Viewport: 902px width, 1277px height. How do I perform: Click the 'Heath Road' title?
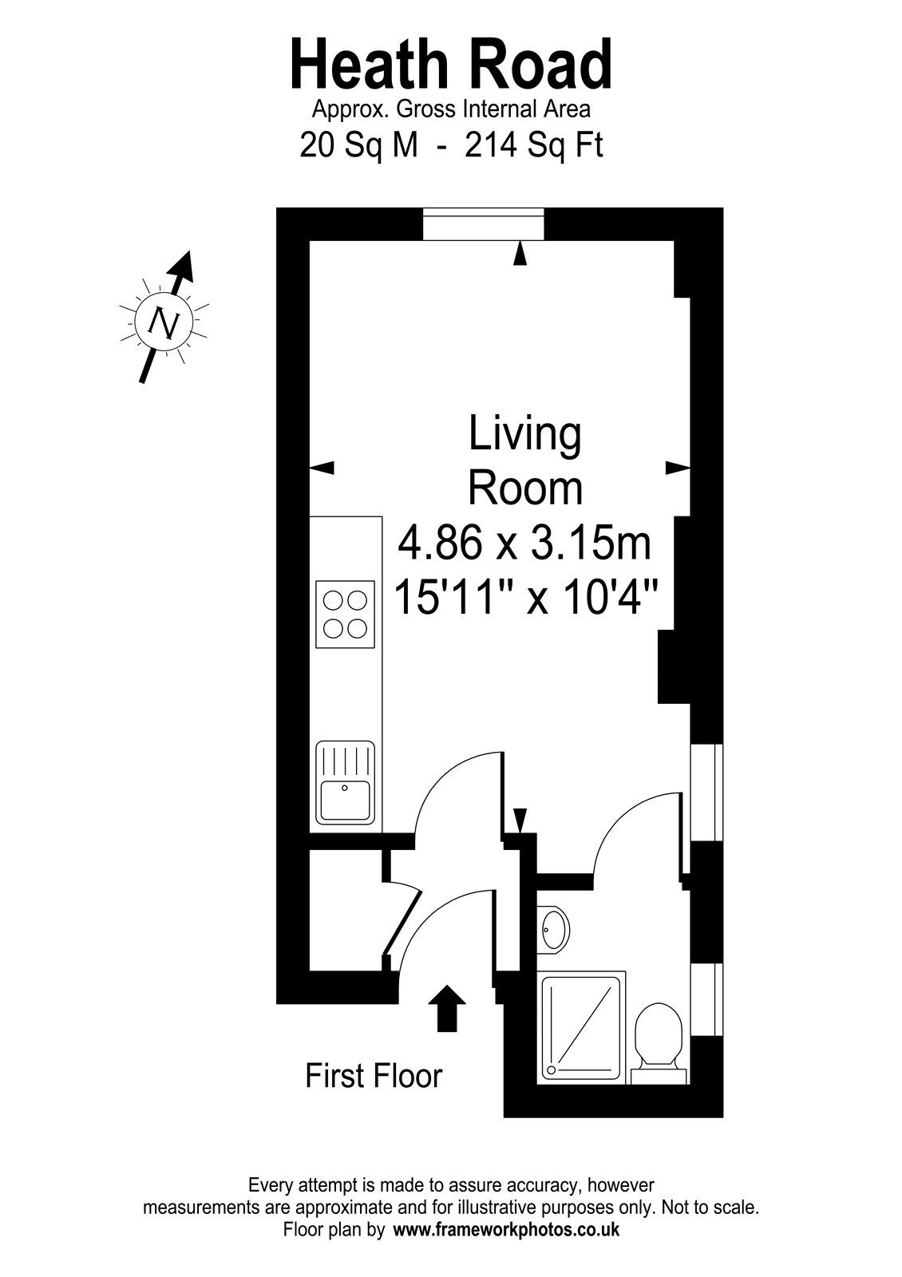click(x=451, y=65)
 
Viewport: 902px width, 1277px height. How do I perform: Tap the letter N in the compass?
click(x=164, y=323)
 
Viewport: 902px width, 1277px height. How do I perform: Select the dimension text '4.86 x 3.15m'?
click(x=524, y=544)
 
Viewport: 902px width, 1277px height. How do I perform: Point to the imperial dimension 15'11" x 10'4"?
click(x=526, y=597)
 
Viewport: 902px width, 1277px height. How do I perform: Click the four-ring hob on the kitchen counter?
click(x=346, y=614)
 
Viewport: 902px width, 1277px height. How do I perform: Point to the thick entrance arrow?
click(x=448, y=1007)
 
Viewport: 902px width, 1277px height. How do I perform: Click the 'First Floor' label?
click(x=374, y=1076)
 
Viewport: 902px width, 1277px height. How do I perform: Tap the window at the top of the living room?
click(x=484, y=223)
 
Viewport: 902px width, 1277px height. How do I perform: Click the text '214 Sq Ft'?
click(x=533, y=145)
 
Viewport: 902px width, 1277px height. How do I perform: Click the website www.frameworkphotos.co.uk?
click(x=507, y=1230)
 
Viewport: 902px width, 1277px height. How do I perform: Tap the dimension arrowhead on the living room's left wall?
click(x=322, y=468)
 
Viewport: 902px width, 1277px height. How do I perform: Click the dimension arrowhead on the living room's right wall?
click(x=678, y=468)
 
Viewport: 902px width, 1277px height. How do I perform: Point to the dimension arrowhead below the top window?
click(x=520, y=253)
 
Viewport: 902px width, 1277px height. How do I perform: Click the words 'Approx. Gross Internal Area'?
click(x=451, y=109)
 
